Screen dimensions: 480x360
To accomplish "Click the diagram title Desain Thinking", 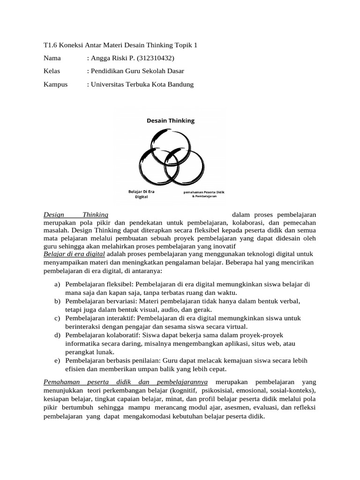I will [170, 120].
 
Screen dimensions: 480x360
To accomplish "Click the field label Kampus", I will [55, 84].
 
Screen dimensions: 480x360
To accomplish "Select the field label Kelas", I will [52, 71].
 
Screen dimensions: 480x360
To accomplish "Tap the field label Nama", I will [52, 58].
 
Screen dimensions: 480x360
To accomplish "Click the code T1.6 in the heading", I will [50, 45].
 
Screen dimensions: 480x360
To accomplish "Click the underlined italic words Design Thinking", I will [75, 214].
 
